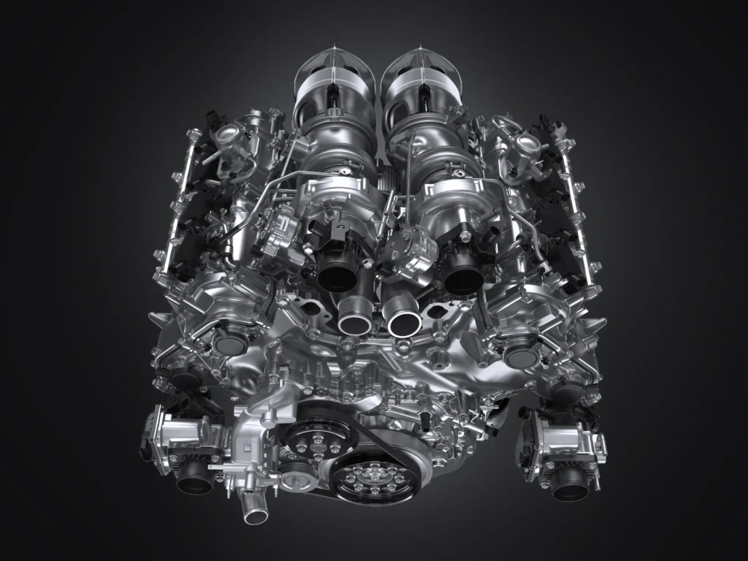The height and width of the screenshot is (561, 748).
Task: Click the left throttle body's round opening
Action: [x=195, y=477]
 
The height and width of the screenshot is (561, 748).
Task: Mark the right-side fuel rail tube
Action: [x=581, y=212]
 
